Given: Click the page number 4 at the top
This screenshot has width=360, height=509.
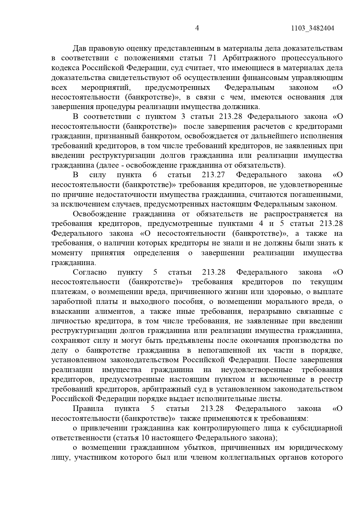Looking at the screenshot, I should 197,28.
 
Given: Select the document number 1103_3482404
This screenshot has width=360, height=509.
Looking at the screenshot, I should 312,28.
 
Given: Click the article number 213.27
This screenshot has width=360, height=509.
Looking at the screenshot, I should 213,175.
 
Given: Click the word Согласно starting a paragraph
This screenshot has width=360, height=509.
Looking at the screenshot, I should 90,272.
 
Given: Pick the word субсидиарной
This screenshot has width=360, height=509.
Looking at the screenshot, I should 317,428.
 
